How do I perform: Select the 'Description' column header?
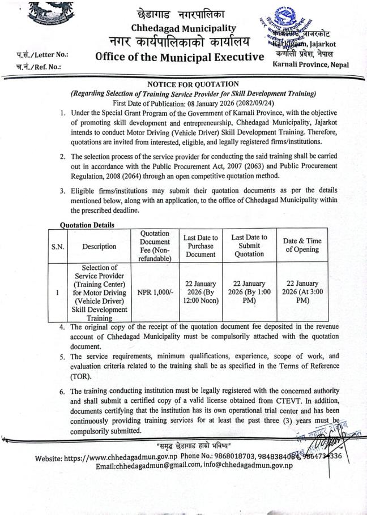(x=99, y=246)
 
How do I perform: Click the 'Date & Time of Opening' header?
(x=303, y=246)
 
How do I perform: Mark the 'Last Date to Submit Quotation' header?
(x=249, y=246)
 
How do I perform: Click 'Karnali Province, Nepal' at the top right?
(x=310, y=64)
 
